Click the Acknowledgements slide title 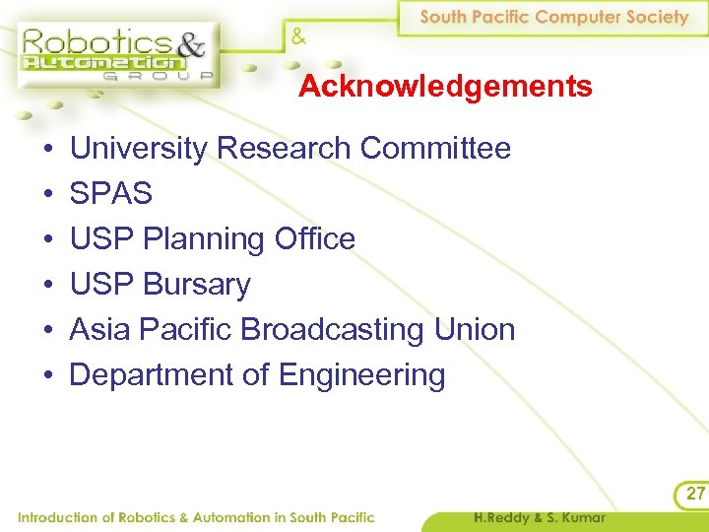tap(445, 87)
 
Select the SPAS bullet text tap(111, 194)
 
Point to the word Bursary tap(197, 285)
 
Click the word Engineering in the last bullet tap(362, 375)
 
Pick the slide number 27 tap(695, 494)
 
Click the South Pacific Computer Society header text tap(554, 17)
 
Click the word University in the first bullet tap(139, 149)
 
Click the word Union tap(478, 329)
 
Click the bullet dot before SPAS tap(46, 195)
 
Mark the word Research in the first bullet tap(285, 149)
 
